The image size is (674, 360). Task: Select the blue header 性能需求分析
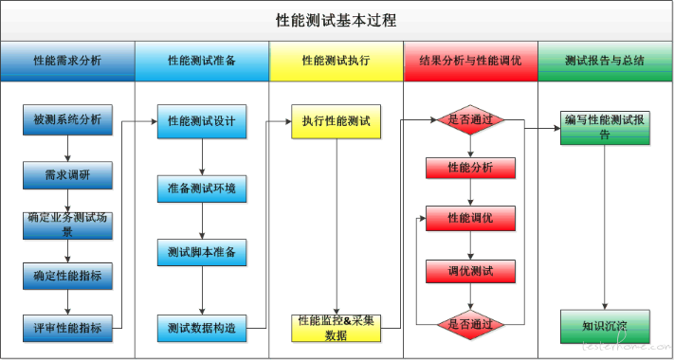pos(67,61)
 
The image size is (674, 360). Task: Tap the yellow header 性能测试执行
pos(336,61)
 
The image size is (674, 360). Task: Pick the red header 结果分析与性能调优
pos(470,61)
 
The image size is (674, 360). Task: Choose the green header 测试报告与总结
pos(605,61)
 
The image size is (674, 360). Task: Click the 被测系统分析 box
pos(67,120)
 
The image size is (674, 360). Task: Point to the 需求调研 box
pos(67,174)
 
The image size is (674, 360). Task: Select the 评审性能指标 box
pos(67,328)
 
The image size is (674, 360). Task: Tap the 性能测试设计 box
pos(201,122)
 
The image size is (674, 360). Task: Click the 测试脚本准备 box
pos(201,253)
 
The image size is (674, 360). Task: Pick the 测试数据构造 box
pos(201,328)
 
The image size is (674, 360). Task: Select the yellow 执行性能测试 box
pos(336,122)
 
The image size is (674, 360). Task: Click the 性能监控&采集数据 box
pos(336,328)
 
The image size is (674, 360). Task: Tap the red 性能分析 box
pos(470,168)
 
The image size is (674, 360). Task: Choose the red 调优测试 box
pos(470,272)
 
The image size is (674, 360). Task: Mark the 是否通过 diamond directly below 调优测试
pos(470,324)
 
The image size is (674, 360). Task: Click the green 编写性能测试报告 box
pos(605,127)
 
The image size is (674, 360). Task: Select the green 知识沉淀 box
pos(605,327)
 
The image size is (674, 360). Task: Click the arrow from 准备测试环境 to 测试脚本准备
pos(201,221)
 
